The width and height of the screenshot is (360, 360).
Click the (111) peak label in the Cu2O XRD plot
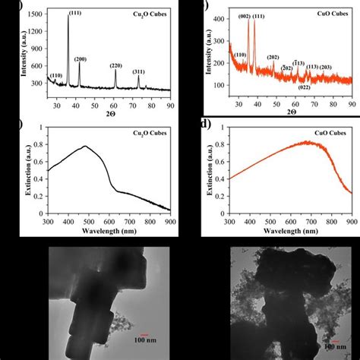tap(76, 13)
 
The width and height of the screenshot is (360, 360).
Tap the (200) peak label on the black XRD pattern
tap(80, 59)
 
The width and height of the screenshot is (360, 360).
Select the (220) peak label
tap(115, 65)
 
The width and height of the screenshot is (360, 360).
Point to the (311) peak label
tap(138, 72)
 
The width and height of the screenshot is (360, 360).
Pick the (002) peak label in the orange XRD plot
tap(244, 16)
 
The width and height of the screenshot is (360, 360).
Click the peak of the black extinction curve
tap(86, 147)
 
